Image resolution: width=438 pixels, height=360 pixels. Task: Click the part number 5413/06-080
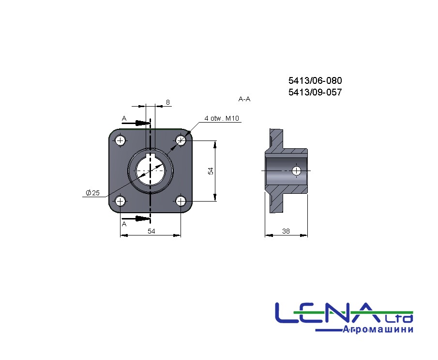315,80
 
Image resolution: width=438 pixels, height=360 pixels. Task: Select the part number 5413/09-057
315,93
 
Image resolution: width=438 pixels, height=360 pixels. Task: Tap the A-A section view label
244,99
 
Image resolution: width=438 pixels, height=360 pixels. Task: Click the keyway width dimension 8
167,102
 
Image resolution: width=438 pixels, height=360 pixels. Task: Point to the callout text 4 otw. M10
222,118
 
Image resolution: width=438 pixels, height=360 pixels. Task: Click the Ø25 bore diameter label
92,193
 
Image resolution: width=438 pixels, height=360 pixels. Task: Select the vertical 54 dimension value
211,171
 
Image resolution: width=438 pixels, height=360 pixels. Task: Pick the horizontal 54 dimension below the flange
151,231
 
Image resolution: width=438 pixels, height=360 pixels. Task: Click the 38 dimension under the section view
286,231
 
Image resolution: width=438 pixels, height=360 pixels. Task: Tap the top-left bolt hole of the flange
121,140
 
